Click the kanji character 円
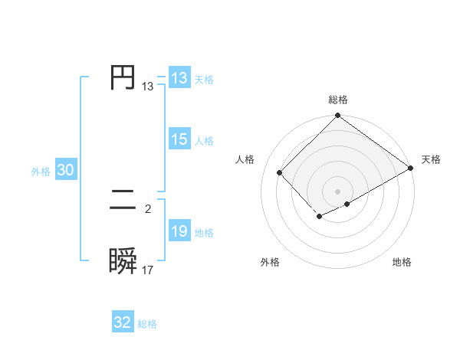123,78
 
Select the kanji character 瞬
123,261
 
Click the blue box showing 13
179,78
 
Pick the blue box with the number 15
179,139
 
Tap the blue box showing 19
179,231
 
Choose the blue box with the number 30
65,171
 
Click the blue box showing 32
123,322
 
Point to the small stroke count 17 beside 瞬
148,270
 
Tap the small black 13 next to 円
148,87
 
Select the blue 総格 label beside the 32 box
147,324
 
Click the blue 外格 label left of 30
41,172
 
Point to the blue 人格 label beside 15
204,141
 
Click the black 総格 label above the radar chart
338,100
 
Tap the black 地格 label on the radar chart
402,262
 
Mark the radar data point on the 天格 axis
411,169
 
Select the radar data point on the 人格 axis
280,172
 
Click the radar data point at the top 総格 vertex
338,116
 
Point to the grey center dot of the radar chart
338,191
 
